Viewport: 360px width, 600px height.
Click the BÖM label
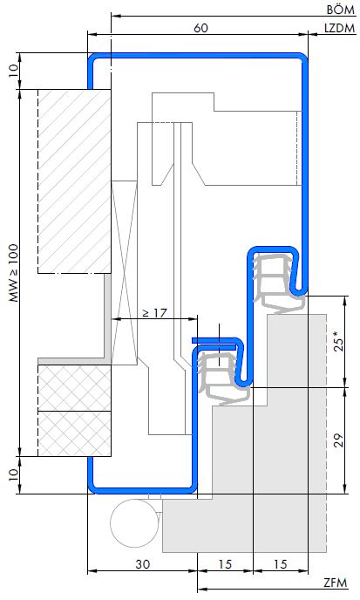click(341, 10)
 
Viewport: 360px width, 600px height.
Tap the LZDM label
click(339, 28)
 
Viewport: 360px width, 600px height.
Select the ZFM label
click(336, 583)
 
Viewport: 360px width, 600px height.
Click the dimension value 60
click(200, 28)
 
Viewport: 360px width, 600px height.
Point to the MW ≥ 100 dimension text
click(14, 272)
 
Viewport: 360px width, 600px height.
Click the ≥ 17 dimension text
click(155, 313)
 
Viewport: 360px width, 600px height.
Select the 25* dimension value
click(339, 342)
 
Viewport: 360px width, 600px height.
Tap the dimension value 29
click(339, 440)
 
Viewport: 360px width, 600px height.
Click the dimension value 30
click(143, 564)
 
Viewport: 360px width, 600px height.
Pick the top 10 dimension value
click(13, 71)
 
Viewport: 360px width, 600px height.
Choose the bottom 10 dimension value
click(13, 475)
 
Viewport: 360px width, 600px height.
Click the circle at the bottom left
click(134, 523)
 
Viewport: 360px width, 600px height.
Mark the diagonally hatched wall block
click(75, 181)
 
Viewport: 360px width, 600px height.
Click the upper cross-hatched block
click(75, 388)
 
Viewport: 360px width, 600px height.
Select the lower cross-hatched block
click(75, 434)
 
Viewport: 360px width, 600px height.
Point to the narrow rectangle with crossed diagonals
click(124, 273)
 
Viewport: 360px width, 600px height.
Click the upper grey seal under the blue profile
click(278, 283)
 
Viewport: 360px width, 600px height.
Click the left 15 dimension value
click(225, 564)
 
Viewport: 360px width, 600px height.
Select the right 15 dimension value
click(281, 564)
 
